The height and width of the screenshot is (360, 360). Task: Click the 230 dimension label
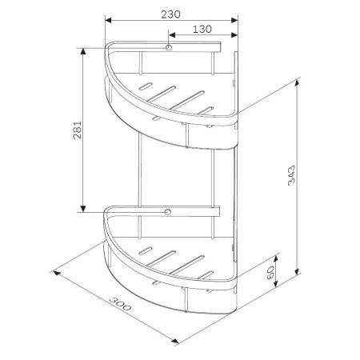tap(170, 14)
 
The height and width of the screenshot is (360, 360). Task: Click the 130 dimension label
tap(202, 29)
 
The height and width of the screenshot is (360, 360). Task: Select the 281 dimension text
tap(78, 130)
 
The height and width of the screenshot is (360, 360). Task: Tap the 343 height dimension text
tap(292, 175)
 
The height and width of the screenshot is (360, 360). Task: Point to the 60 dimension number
tap(270, 273)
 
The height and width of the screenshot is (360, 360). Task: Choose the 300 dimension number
tap(120, 304)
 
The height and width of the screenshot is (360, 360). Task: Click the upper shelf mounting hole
tap(169, 48)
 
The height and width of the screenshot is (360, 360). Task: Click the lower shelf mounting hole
tap(168, 212)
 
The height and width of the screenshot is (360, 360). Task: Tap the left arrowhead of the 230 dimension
tap(108, 20)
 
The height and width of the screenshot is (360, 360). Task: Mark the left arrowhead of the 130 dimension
tap(172, 35)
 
